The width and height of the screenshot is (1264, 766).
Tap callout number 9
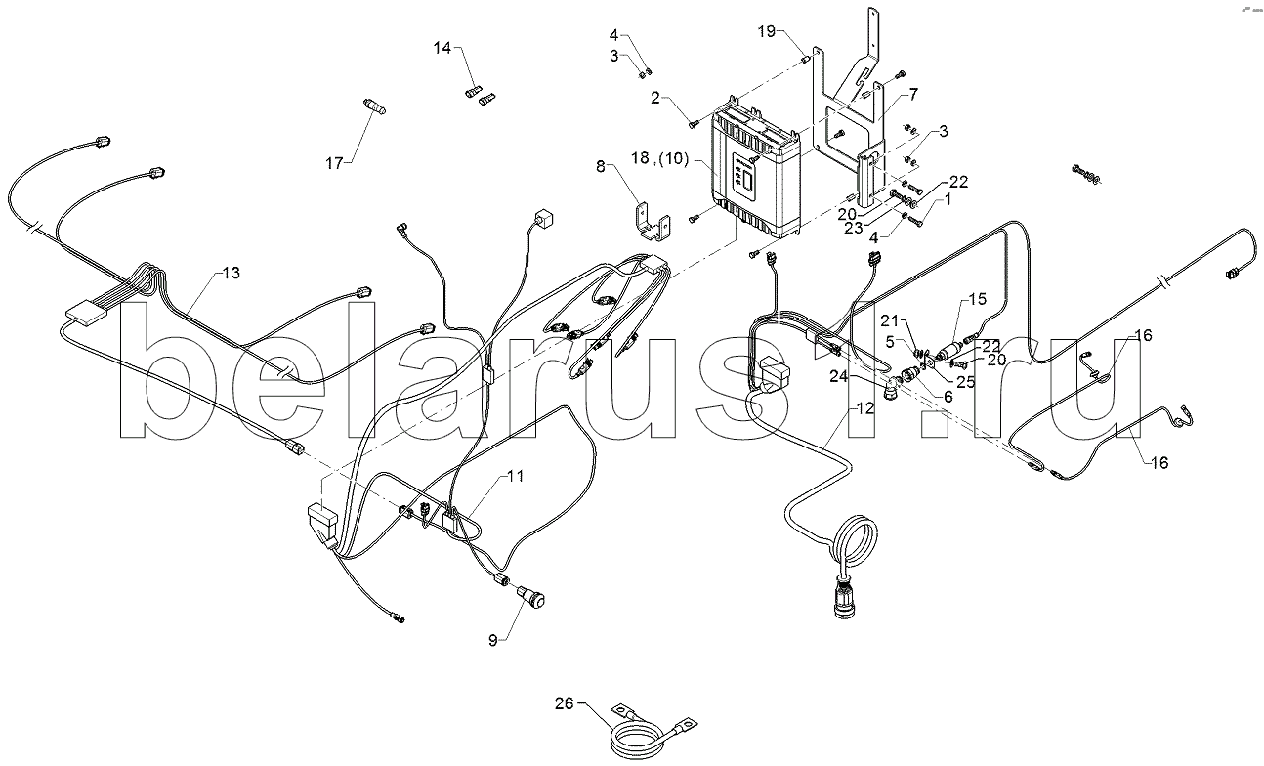tap(493, 640)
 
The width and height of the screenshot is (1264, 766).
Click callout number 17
tap(335, 165)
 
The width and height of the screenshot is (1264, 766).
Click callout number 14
tap(444, 47)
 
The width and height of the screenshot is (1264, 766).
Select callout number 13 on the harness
tap(230, 273)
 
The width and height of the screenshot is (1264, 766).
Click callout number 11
tap(515, 476)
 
